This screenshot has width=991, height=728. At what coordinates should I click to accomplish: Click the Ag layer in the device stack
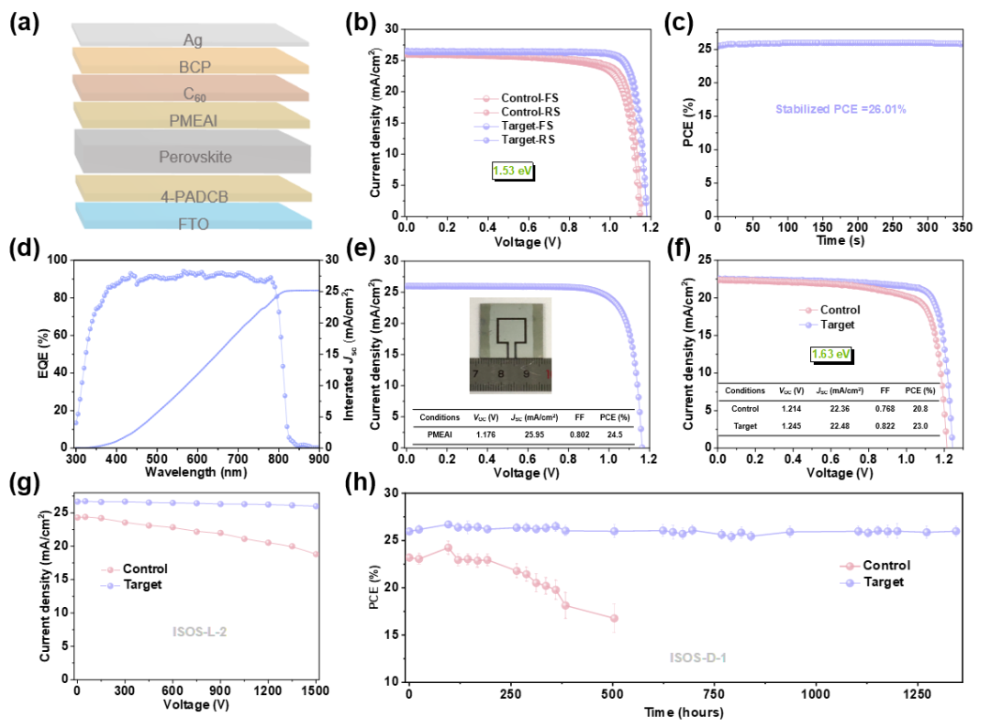click(x=192, y=39)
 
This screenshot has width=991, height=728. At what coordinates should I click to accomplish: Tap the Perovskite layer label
click(x=192, y=157)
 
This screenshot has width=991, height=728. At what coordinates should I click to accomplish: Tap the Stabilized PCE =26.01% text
click(x=840, y=109)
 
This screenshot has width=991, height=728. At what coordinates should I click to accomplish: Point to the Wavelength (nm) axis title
click(x=196, y=472)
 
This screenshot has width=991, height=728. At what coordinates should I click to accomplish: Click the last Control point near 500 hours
click(x=613, y=618)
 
